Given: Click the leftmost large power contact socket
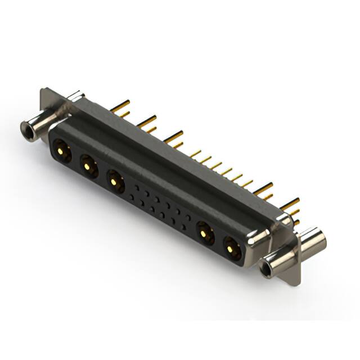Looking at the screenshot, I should click(62, 150).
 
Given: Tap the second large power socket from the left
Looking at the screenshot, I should click(88, 165).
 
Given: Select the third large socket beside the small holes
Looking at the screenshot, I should click(115, 181).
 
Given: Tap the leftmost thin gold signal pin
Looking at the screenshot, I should click(195, 152).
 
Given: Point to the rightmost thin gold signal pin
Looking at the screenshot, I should click(247, 183).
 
